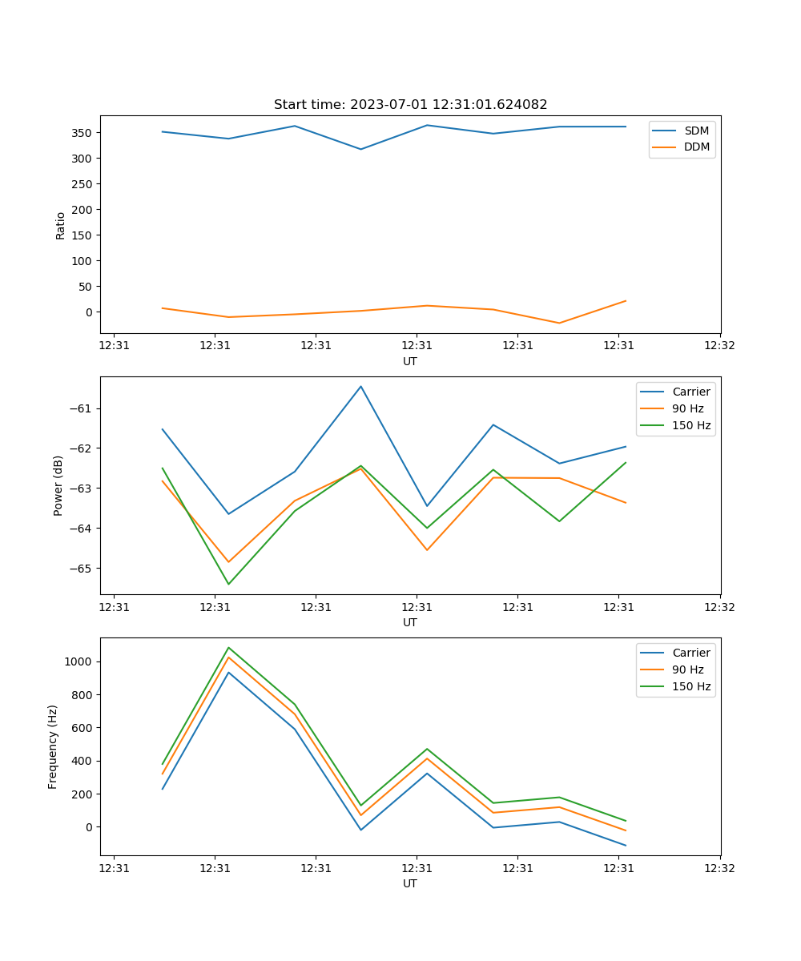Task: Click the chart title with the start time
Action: click(410, 105)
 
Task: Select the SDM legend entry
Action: click(696, 131)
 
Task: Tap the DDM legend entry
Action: click(696, 147)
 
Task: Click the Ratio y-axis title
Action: click(61, 225)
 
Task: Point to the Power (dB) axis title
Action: click(58, 486)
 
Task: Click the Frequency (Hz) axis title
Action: click(53, 746)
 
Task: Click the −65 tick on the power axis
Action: click(83, 569)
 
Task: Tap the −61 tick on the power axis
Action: click(83, 408)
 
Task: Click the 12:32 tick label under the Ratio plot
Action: click(719, 347)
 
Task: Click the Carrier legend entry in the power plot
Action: click(691, 392)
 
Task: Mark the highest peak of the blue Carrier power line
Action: click(360, 387)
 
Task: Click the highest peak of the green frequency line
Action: click(228, 648)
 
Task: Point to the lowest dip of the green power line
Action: click(228, 584)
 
